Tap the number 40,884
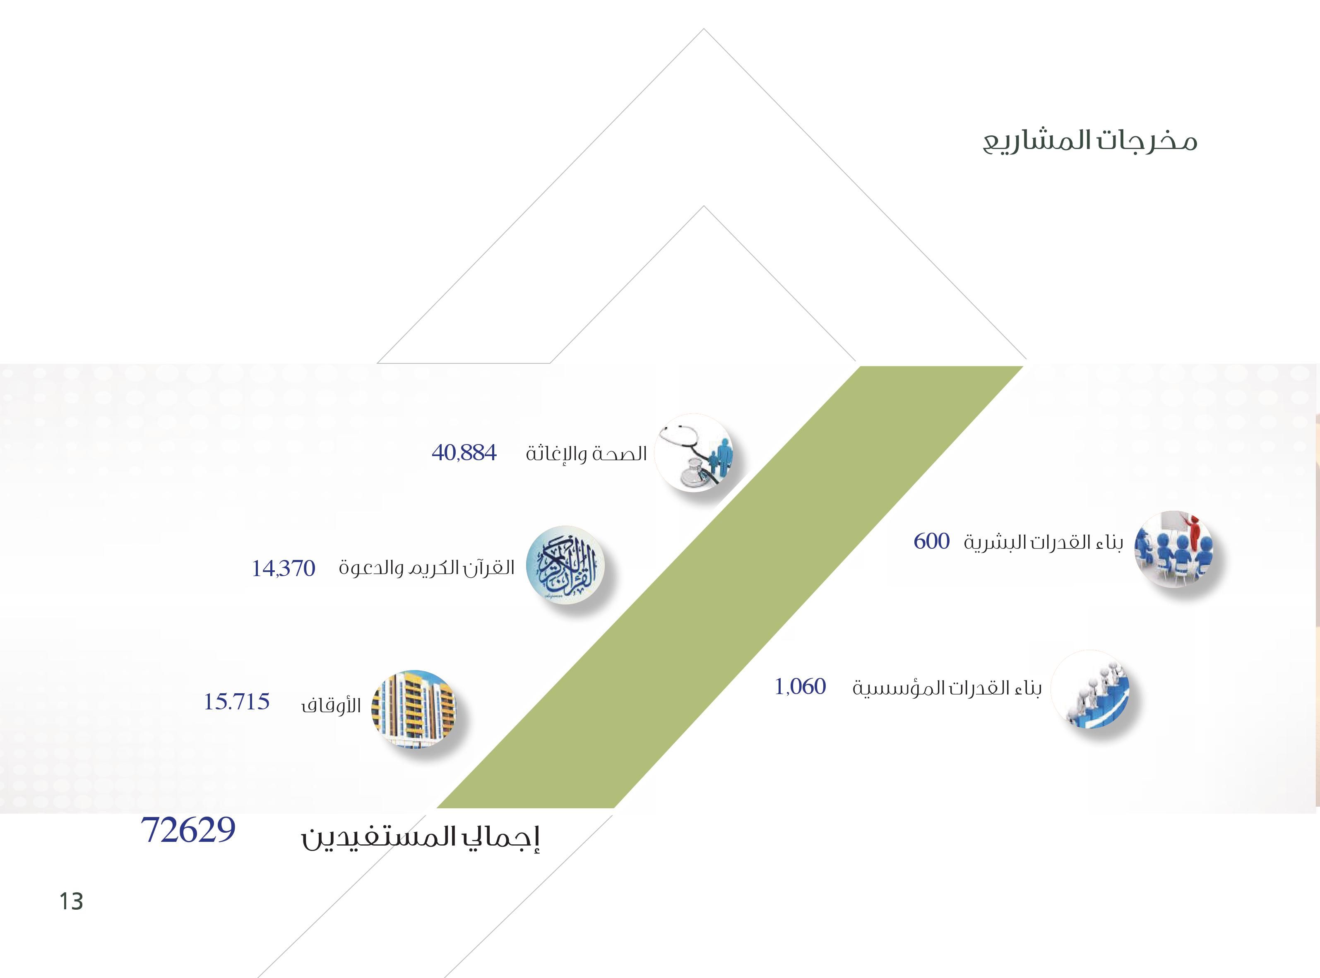click(464, 453)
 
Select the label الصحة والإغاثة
click(586, 454)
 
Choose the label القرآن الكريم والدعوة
click(426, 568)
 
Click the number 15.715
click(237, 702)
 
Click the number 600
click(932, 541)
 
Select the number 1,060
click(800, 687)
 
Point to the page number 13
click(71, 901)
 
